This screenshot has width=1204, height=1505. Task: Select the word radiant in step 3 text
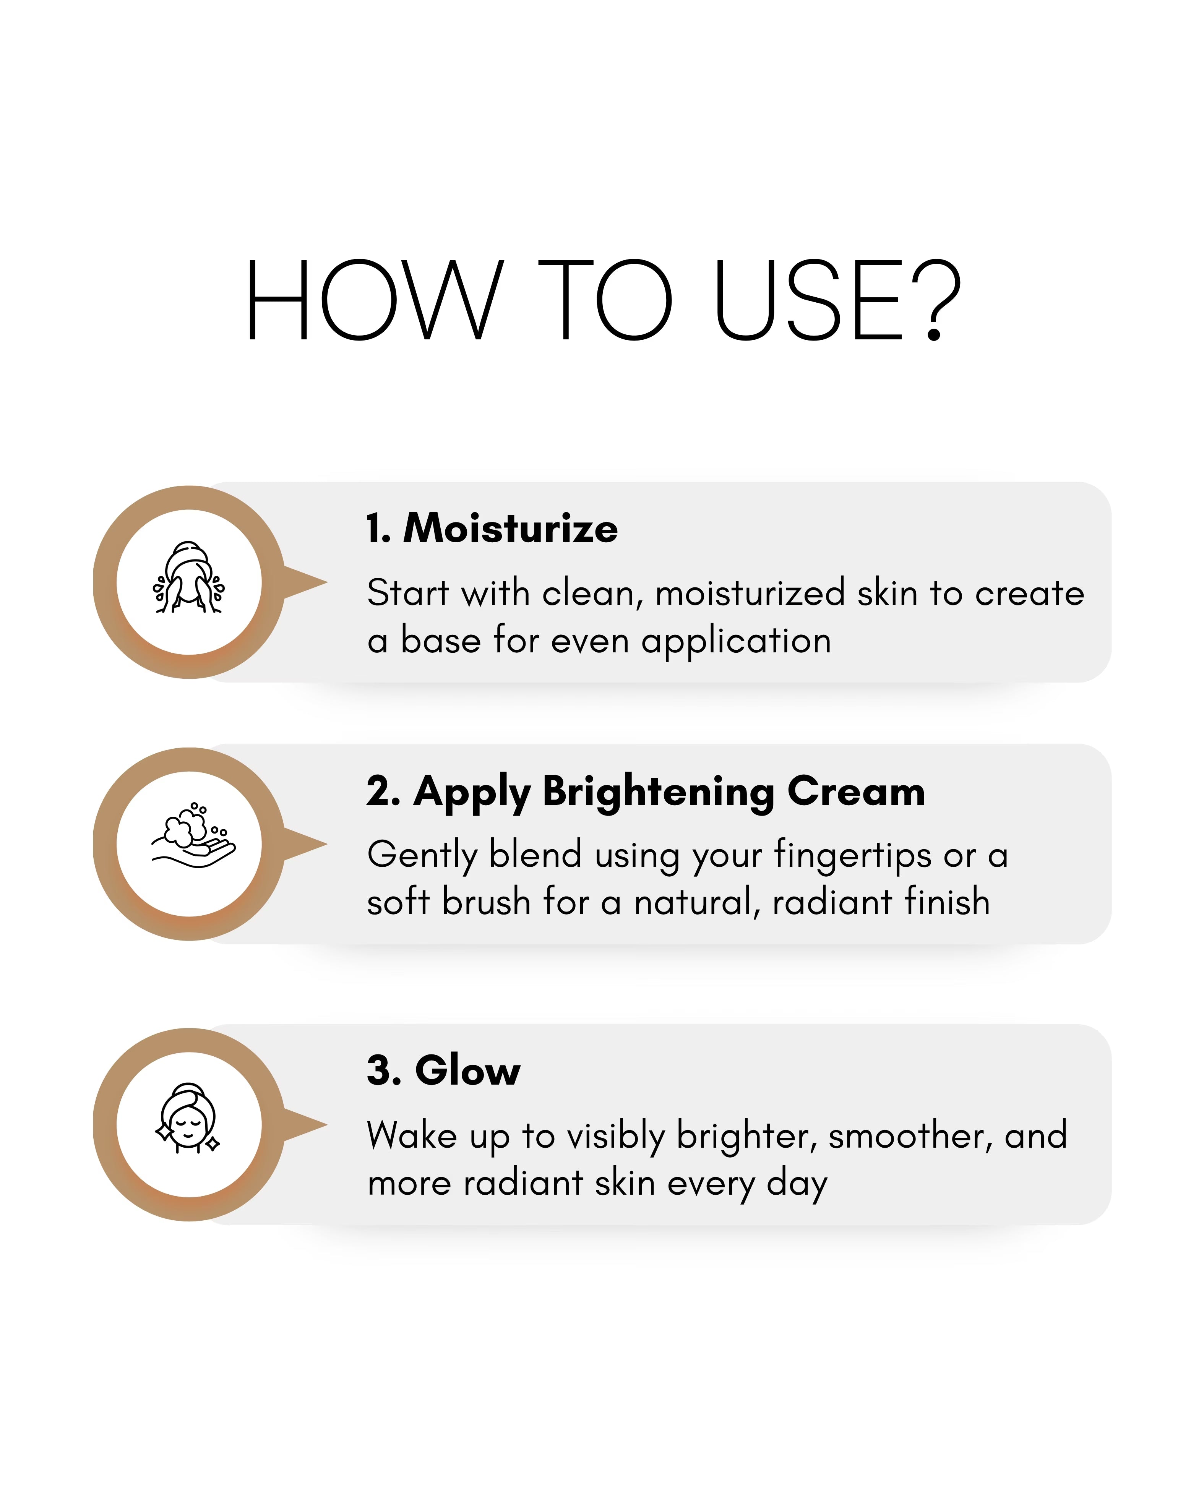pyautogui.click(x=523, y=1183)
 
